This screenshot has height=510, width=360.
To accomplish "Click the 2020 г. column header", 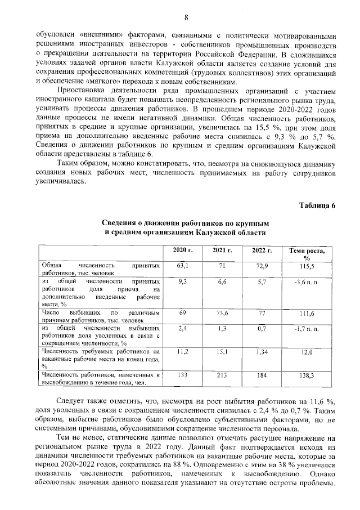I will click(x=182, y=250).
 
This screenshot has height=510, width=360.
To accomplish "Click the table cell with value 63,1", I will click(x=182, y=265).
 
